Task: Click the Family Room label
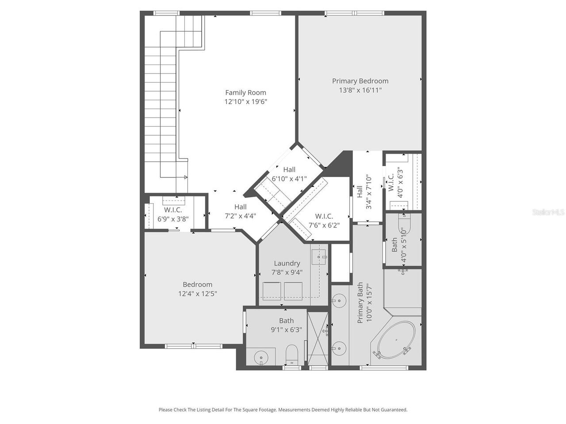(x=245, y=92)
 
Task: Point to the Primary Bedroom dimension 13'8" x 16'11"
(x=360, y=90)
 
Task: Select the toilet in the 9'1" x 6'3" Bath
(x=292, y=355)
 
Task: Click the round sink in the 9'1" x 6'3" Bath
(x=261, y=357)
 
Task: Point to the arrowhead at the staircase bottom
(x=185, y=177)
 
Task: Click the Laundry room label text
(x=287, y=263)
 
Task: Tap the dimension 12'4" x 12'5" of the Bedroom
(x=198, y=293)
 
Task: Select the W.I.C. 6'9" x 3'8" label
(x=173, y=214)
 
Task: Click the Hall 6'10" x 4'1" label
(x=289, y=174)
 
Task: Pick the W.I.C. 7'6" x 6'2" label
(x=324, y=220)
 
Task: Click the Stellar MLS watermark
(x=548, y=212)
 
